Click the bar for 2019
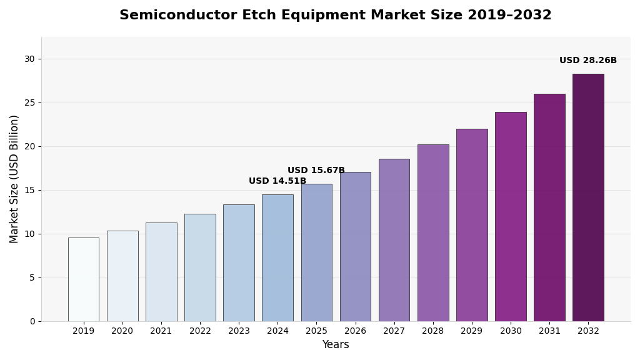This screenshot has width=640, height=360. click(x=83, y=279)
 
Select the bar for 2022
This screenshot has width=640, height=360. click(x=200, y=267)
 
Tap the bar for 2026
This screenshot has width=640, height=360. click(x=355, y=247)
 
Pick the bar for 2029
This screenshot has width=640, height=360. click(x=472, y=225)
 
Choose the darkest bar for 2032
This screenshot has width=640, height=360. click(x=588, y=197)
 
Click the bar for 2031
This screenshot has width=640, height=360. click(x=549, y=207)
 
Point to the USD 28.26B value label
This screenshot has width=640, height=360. click(x=588, y=61)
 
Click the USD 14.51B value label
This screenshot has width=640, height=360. click(x=277, y=181)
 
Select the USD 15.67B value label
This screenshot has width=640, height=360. click(x=316, y=171)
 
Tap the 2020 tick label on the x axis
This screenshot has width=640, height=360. click(x=122, y=331)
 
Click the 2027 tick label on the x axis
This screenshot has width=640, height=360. click(x=394, y=331)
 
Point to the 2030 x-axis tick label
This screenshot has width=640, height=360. click(x=511, y=331)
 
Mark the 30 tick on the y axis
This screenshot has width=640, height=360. click(x=29, y=59)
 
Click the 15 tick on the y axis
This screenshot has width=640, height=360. click(x=29, y=190)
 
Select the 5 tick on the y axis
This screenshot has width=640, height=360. click(x=32, y=277)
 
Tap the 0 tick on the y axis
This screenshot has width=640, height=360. click(x=32, y=321)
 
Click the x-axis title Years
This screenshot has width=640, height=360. click(x=336, y=345)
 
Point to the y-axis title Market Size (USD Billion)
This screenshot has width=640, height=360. click(x=14, y=179)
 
